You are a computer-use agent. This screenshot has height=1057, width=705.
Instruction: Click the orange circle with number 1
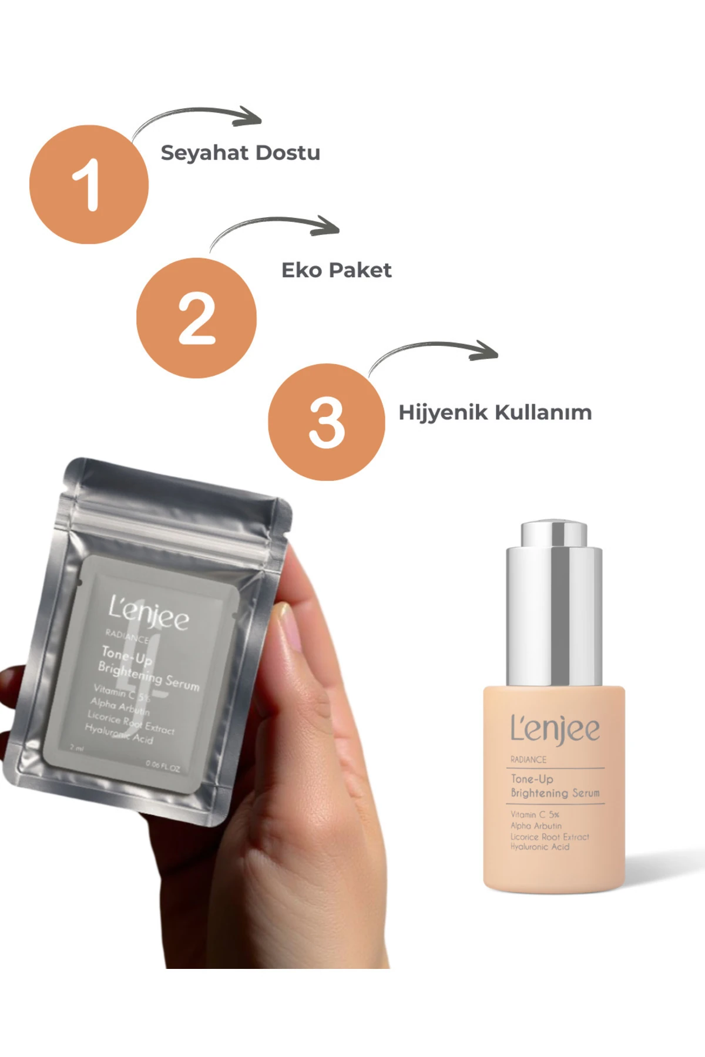pos(89,184)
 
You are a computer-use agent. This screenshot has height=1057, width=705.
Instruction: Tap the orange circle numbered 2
pos(196,318)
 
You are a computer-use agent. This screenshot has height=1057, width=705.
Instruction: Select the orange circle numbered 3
pos(327,422)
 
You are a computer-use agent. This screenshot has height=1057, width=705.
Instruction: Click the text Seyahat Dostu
pos(240,153)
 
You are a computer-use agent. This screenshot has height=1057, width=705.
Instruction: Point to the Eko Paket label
pos(336,270)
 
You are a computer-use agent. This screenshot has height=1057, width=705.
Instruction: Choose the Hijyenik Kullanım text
pos(495,412)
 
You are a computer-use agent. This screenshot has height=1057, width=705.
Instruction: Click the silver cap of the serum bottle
pos(553,605)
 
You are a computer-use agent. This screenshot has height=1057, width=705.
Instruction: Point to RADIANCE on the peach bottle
pos(528,760)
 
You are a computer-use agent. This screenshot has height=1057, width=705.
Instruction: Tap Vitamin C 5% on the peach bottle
pos(535,814)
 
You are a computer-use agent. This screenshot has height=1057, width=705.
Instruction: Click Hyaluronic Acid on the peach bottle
pos(539,847)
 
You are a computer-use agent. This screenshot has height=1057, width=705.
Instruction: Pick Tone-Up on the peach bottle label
pos(532,779)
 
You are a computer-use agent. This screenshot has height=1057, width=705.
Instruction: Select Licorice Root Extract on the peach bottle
pos(549,836)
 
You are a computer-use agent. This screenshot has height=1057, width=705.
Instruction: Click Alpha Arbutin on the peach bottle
pos(536,826)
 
